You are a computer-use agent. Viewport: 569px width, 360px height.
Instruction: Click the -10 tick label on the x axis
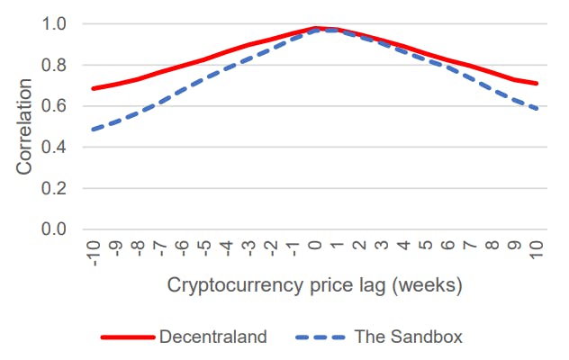click(94, 252)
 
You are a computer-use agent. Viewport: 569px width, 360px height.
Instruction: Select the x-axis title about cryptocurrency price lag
click(314, 286)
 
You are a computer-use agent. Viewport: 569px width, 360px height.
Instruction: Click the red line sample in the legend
click(128, 337)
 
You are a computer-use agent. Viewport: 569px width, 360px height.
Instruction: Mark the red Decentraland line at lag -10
click(94, 88)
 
